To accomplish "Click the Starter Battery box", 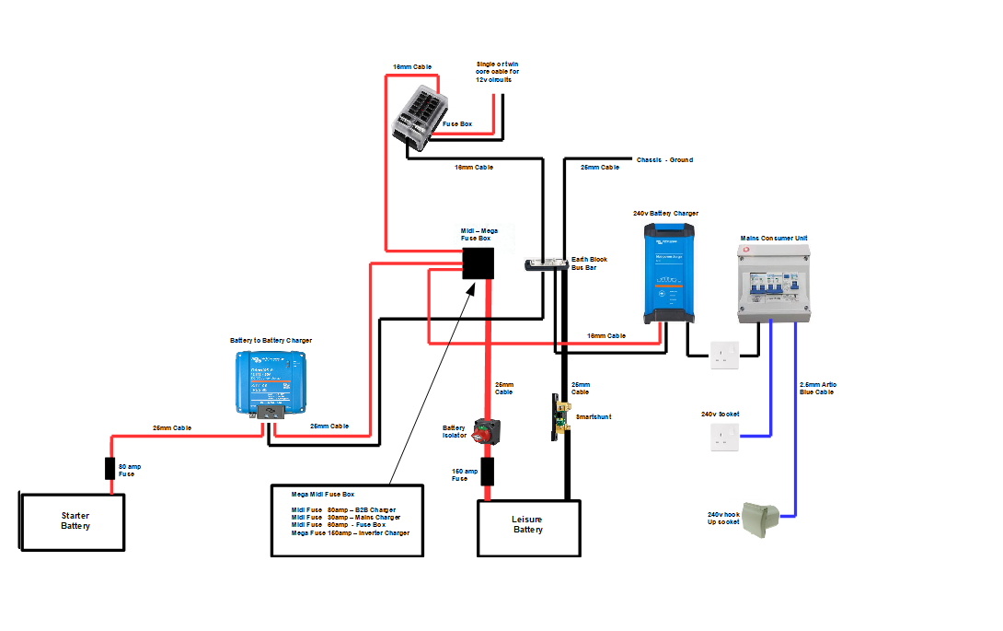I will pyautogui.click(x=72, y=522).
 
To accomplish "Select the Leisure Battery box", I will pyautogui.click(x=528, y=528).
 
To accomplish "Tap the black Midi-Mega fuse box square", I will pyautogui.click(x=477, y=263).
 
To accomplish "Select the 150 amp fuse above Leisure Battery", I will pyautogui.click(x=487, y=472).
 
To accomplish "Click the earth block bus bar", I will pyautogui.click(x=545, y=265).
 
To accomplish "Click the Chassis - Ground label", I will pyautogui.click(x=664, y=160).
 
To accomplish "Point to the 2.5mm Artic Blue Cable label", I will pyautogui.click(x=818, y=388).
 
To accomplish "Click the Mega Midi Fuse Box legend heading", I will pyautogui.click(x=322, y=495).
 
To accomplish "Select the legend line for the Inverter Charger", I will pyautogui.click(x=350, y=533).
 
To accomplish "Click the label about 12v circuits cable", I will pyautogui.click(x=497, y=72).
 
